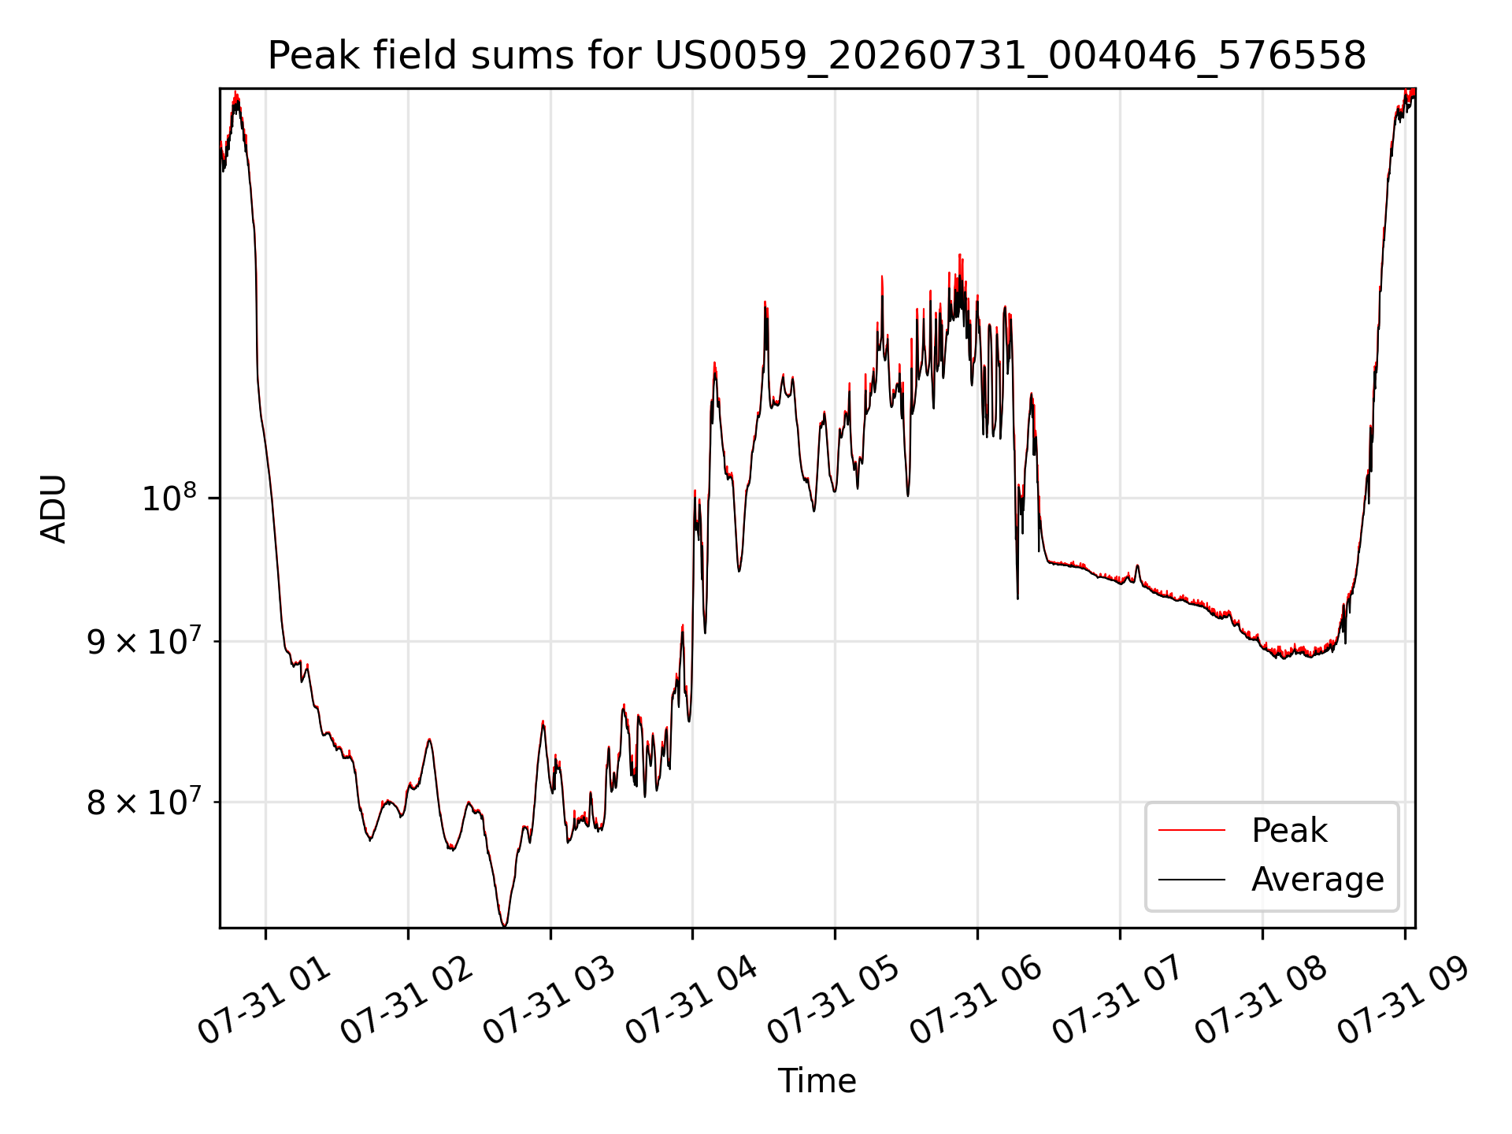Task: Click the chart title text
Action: [x=817, y=56]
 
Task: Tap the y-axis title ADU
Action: [x=54, y=509]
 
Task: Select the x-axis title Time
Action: [x=817, y=1081]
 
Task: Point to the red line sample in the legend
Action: [x=1191, y=830]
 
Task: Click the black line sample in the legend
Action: [x=1191, y=879]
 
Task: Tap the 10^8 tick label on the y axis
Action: [x=169, y=498]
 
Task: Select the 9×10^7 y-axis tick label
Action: [x=143, y=642]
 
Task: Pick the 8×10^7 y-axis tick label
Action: [x=143, y=803]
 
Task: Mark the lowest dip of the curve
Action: [x=504, y=925]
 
